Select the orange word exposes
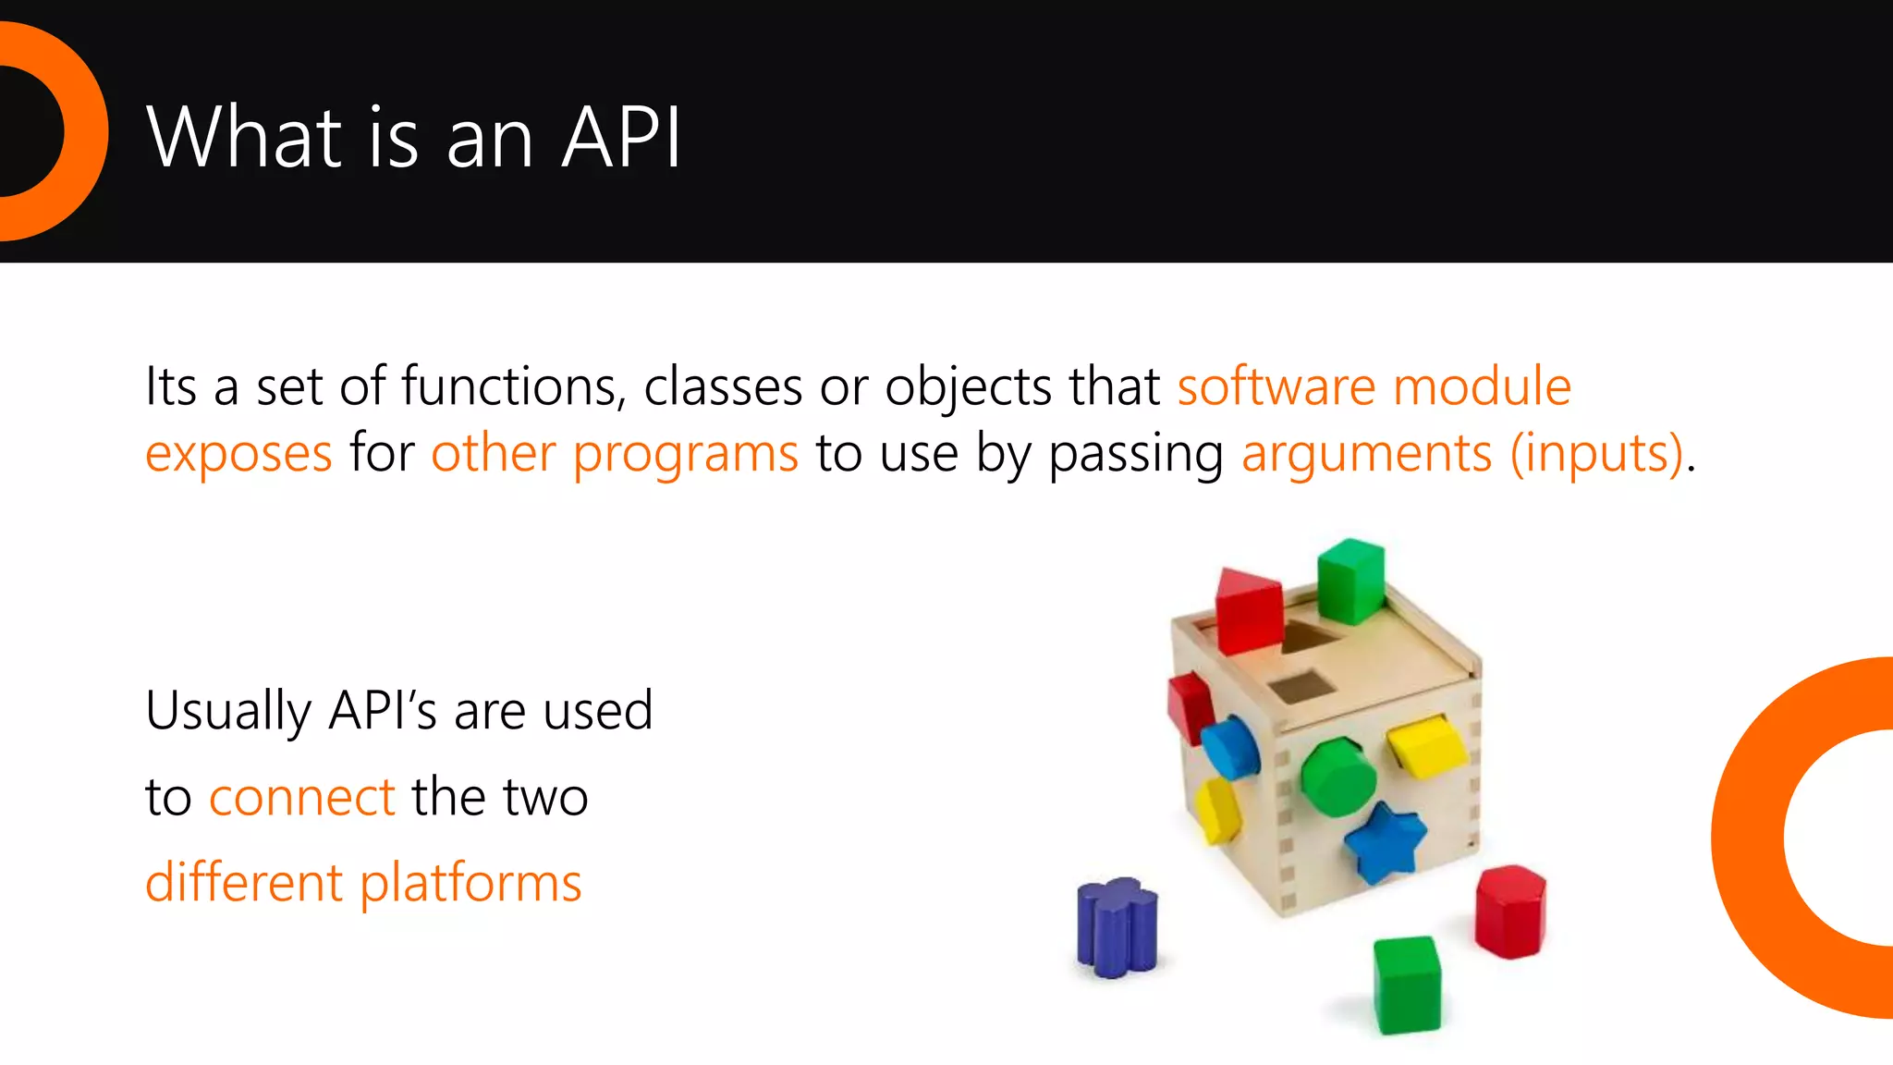click(x=238, y=454)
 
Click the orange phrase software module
click(x=1374, y=386)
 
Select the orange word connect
click(x=302, y=797)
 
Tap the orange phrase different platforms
click(x=363, y=882)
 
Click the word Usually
click(x=228, y=711)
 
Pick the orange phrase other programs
click(x=614, y=454)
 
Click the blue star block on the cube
click(x=1384, y=842)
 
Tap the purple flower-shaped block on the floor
click(x=1117, y=926)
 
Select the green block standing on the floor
click(x=1406, y=984)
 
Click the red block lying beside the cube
click(x=1509, y=911)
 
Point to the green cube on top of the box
click(x=1350, y=581)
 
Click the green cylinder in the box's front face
click(x=1337, y=777)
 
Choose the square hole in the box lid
click(x=1301, y=687)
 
